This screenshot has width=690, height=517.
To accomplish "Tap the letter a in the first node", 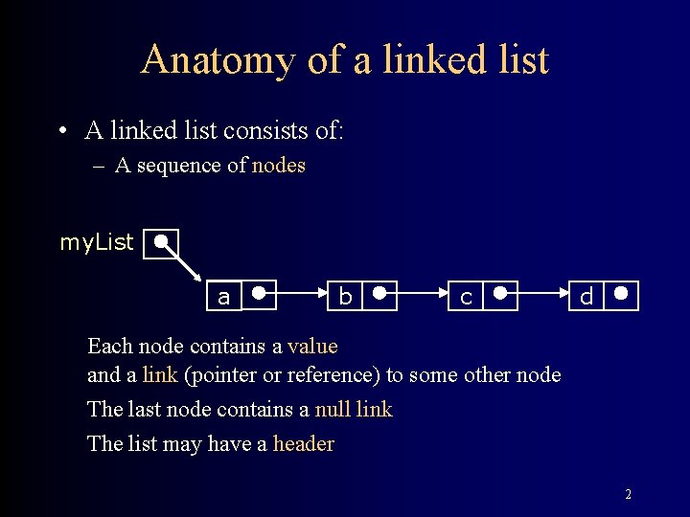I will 224,298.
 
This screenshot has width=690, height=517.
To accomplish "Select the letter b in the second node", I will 345,298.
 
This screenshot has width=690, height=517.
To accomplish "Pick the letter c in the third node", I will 466,298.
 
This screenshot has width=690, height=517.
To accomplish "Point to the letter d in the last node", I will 586,298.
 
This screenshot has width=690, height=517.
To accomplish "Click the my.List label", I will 97,242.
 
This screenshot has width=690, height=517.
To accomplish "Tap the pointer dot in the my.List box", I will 163,240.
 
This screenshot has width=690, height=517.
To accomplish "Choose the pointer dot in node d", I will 621,293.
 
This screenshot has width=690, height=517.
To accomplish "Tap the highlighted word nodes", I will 279,165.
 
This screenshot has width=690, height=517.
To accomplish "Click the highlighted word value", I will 312,346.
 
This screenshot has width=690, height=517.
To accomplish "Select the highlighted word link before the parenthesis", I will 160,374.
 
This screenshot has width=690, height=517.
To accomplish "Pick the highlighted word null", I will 333,409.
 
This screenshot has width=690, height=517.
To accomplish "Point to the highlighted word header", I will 304,443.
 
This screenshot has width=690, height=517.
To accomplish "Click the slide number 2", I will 628,495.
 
